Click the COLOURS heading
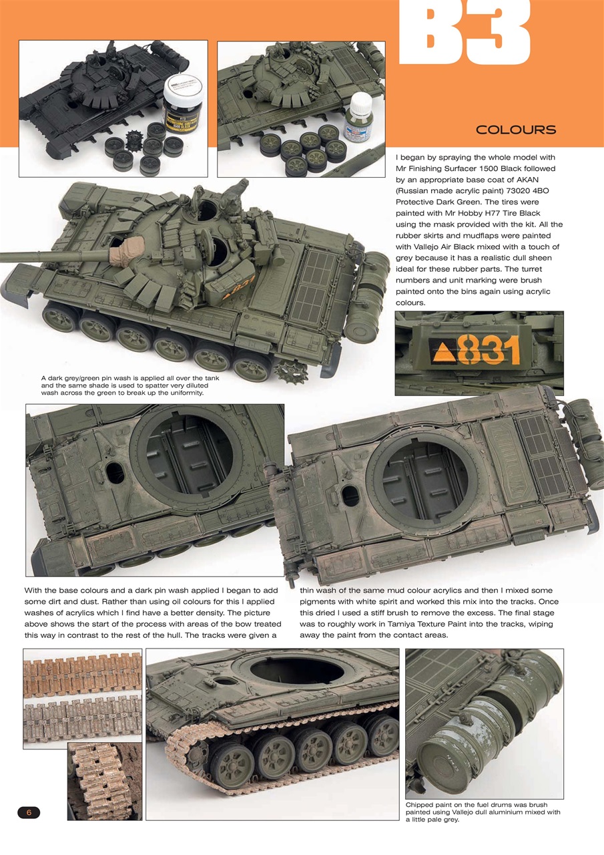pyautogui.click(x=515, y=130)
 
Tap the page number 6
pyautogui.click(x=29, y=812)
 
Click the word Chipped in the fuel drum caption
pyautogui.click(x=421, y=805)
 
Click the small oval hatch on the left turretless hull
pyautogui.click(x=115, y=472)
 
